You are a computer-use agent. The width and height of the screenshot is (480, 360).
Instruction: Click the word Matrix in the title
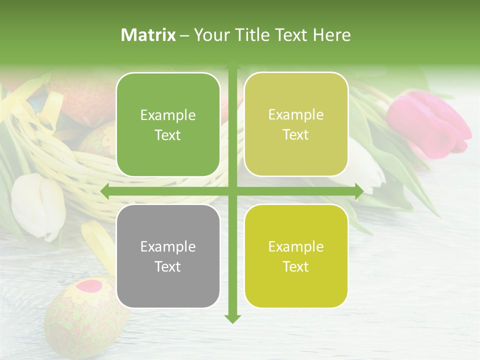click(148, 35)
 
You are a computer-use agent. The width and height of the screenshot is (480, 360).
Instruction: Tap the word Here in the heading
click(331, 35)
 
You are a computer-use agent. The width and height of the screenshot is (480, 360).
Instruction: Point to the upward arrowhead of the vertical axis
click(232, 66)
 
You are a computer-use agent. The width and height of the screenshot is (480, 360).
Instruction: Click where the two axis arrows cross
click(232, 191)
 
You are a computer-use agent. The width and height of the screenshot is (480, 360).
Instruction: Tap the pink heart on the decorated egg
click(90, 286)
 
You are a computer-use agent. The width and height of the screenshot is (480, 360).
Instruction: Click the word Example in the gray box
click(168, 246)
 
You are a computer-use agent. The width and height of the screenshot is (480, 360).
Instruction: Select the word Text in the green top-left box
click(168, 135)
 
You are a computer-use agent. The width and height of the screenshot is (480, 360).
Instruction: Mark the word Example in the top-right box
click(296, 115)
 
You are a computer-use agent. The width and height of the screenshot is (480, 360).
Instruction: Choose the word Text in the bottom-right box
click(296, 266)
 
